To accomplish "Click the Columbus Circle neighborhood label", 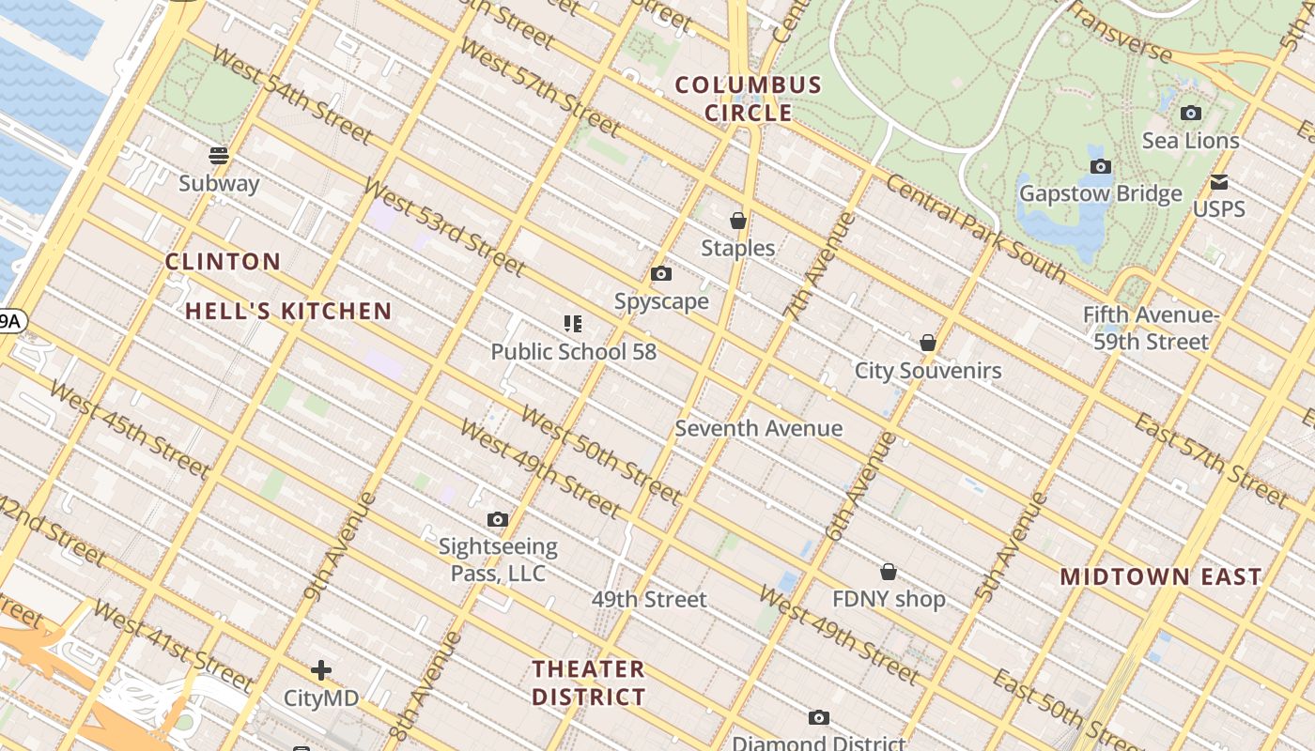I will click(x=749, y=99).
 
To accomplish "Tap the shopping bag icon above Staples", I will click(x=738, y=221).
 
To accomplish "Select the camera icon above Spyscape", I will click(x=661, y=274).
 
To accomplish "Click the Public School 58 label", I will click(x=573, y=352).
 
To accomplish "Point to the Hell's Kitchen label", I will click(x=288, y=311).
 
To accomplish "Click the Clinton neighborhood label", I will click(x=223, y=262).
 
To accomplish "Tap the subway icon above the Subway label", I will click(x=219, y=155).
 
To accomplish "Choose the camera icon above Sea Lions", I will click(x=1190, y=114).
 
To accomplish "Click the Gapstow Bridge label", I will click(x=1100, y=193).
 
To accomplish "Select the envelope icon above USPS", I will click(x=1219, y=181).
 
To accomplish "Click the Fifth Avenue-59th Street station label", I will click(x=1151, y=328).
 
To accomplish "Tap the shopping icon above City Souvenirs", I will click(x=928, y=343).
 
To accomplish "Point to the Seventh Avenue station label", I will click(x=759, y=428).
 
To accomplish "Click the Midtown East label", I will click(x=1161, y=576).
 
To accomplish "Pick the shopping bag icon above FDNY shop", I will click(x=888, y=572).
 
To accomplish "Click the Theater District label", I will click(x=589, y=682).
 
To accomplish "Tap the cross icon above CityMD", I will click(x=321, y=670).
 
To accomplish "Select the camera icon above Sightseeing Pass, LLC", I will click(x=498, y=519).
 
